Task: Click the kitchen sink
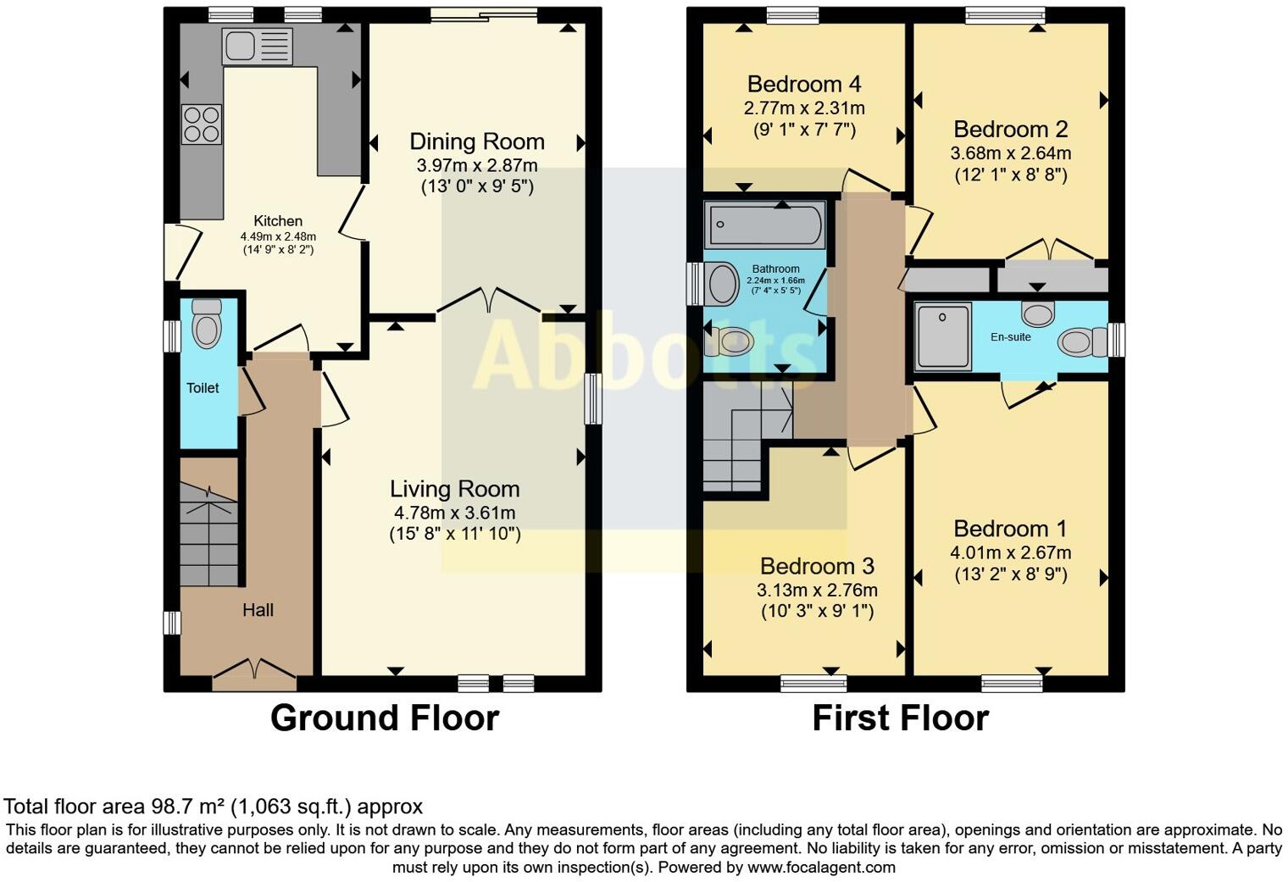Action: [257, 46]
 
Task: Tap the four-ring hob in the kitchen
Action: [202, 125]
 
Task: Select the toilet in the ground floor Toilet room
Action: [207, 324]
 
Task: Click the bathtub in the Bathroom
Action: [764, 225]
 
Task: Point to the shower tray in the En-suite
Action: [942, 336]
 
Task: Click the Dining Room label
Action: [477, 141]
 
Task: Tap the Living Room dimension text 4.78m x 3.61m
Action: [455, 513]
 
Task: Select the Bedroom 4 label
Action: [804, 85]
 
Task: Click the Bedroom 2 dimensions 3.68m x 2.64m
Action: [1010, 153]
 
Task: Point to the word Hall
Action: [258, 610]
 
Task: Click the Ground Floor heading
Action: [385, 718]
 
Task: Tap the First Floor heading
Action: [901, 718]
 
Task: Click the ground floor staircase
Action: [208, 534]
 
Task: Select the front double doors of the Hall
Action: [255, 675]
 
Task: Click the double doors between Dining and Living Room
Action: [489, 301]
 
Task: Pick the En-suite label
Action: [1010, 337]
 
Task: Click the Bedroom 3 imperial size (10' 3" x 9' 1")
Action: [817, 611]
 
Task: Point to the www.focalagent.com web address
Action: [821, 867]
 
